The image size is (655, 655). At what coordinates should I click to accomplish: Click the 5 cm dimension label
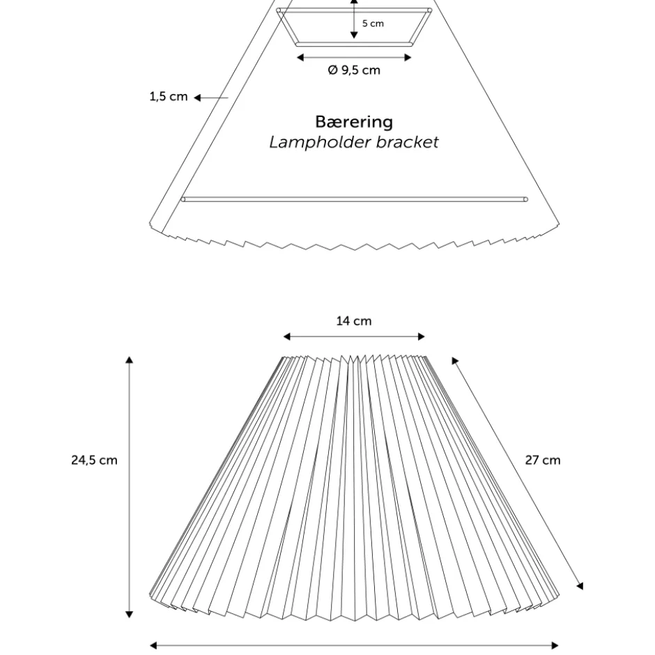(x=373, y=24)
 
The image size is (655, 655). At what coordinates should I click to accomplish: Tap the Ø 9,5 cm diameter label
(x=354, y=70)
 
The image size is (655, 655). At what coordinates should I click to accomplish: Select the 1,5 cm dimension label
(x=169, y=96)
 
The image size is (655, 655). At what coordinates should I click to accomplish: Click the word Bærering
(x=354, y=122)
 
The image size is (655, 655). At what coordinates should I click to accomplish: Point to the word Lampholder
(x=321, y=142)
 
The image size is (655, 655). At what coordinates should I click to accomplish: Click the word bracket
(x=408, y=142)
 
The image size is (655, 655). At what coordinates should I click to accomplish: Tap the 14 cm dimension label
(x=354, y=321)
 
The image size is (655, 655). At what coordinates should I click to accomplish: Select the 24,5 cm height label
(x=94, y=460)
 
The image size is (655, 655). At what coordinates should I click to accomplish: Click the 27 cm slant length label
(x=543, y=460)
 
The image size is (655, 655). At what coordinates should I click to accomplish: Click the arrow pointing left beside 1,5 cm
(x=211, y=98)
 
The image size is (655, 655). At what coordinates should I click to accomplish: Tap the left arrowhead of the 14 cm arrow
(x=286, y=337)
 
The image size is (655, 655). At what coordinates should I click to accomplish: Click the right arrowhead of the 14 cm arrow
(x=422, y=337)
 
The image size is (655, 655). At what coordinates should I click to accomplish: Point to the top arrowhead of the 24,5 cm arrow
(x=130, y=360)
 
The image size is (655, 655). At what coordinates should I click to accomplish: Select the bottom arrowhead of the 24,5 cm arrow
(x=130, y=615)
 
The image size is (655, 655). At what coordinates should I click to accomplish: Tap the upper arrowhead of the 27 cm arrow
(x=455, y=360)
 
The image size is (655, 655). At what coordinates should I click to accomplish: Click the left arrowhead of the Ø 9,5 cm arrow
(x=300, y=58)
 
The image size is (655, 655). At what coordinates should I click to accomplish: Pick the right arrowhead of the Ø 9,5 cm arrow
(x=408, y=58)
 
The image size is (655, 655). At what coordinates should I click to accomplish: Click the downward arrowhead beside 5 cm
(x=354, y=36)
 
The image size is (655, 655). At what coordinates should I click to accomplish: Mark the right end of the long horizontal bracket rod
(x=525, y=200)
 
